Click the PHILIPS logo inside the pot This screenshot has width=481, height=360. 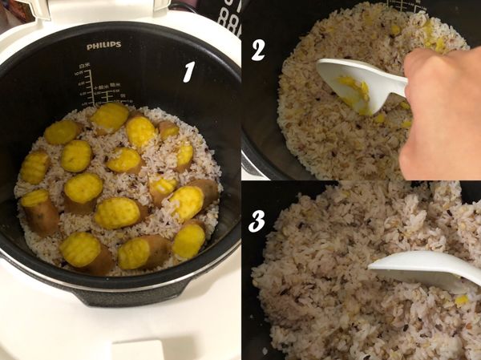(x=104, y=46)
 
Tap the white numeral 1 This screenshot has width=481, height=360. (x=189, y=72)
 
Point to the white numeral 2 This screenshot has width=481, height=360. (x=257, y=50)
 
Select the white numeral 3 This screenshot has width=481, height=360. (x=256, y=221)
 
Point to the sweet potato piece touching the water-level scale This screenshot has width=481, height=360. (x=110, y=118)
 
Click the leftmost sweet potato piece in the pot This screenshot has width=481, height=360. (x=34, y=167)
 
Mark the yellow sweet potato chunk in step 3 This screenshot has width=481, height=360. (x=461, y=299)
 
